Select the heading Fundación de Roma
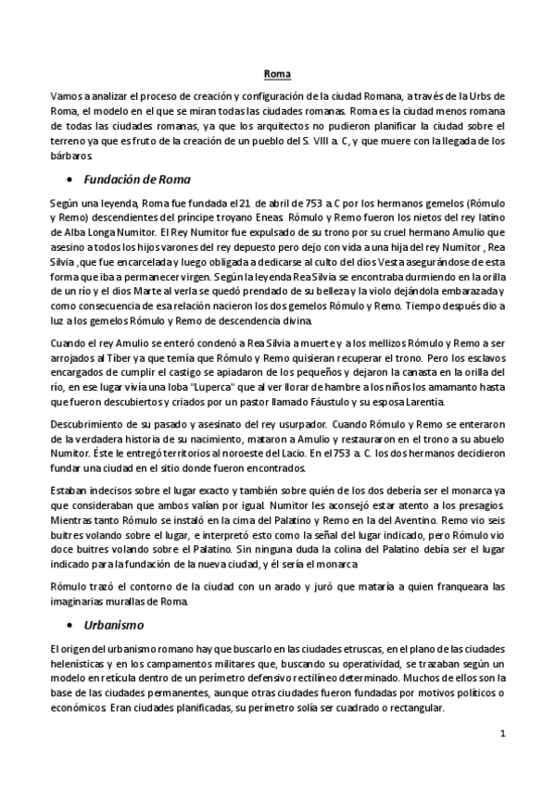[x=137, y=178]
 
